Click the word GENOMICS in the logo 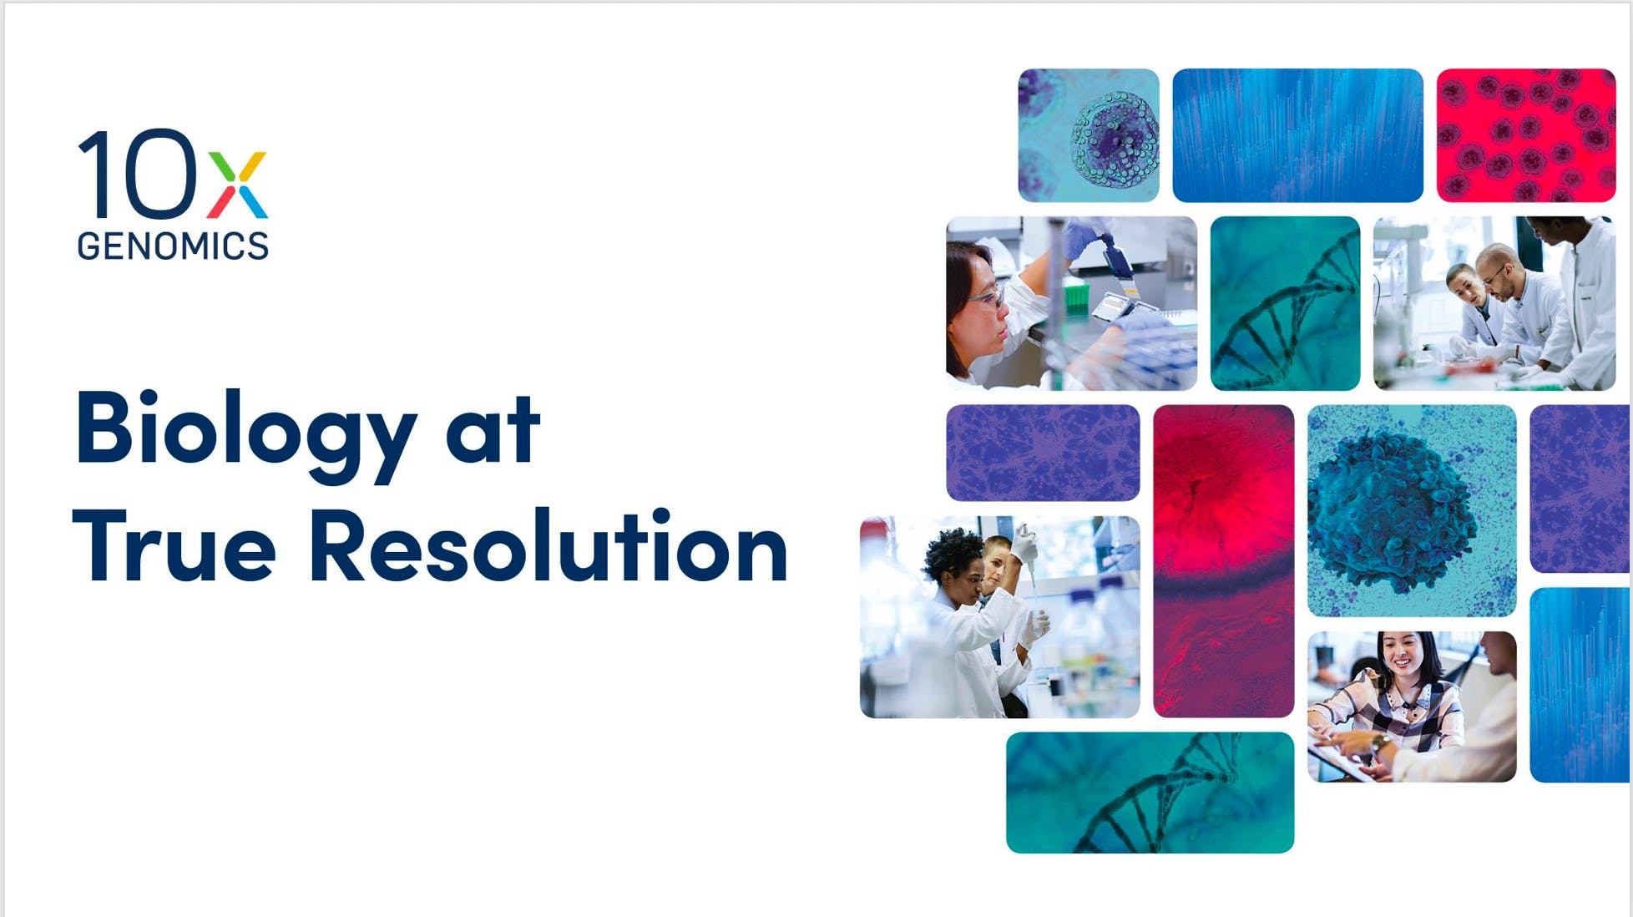pos(173,246)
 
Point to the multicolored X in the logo pos(237,184)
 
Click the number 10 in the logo pos(138,173)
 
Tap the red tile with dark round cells pos(1526,135)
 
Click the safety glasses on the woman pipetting pos(988,296)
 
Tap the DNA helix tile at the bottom pos(1150,793)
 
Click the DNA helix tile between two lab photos pos(1285,303)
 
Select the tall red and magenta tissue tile pos(1224,561)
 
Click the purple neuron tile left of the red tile pos(1043,453)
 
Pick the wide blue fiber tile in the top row pos(1297,135)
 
